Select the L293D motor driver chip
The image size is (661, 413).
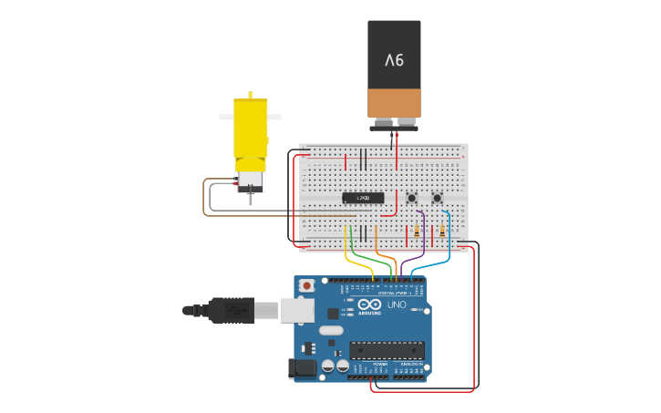[363, 198]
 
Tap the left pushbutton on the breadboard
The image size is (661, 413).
[412, 198]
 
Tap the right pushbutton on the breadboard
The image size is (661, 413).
[437, 198]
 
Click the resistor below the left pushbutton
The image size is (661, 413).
[418, 231]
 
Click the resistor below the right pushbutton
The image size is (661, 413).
[443, 231]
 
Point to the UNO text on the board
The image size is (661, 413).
[397, 305]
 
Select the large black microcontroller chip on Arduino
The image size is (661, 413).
[387, 350]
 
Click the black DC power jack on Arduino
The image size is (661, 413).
[302, 367]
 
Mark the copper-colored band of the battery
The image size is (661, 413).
[394, 102]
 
